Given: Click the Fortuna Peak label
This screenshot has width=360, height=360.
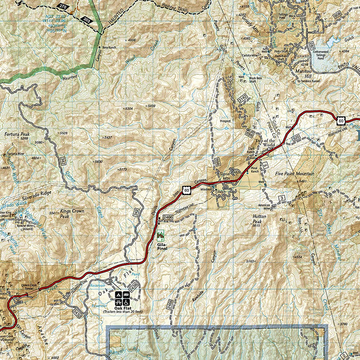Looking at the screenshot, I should (16, 134).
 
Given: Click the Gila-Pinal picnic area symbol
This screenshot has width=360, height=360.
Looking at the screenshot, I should (160, 233).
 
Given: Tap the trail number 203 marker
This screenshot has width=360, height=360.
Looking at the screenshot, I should (88, 20).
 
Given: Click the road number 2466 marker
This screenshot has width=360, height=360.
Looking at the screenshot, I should (167, 217).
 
